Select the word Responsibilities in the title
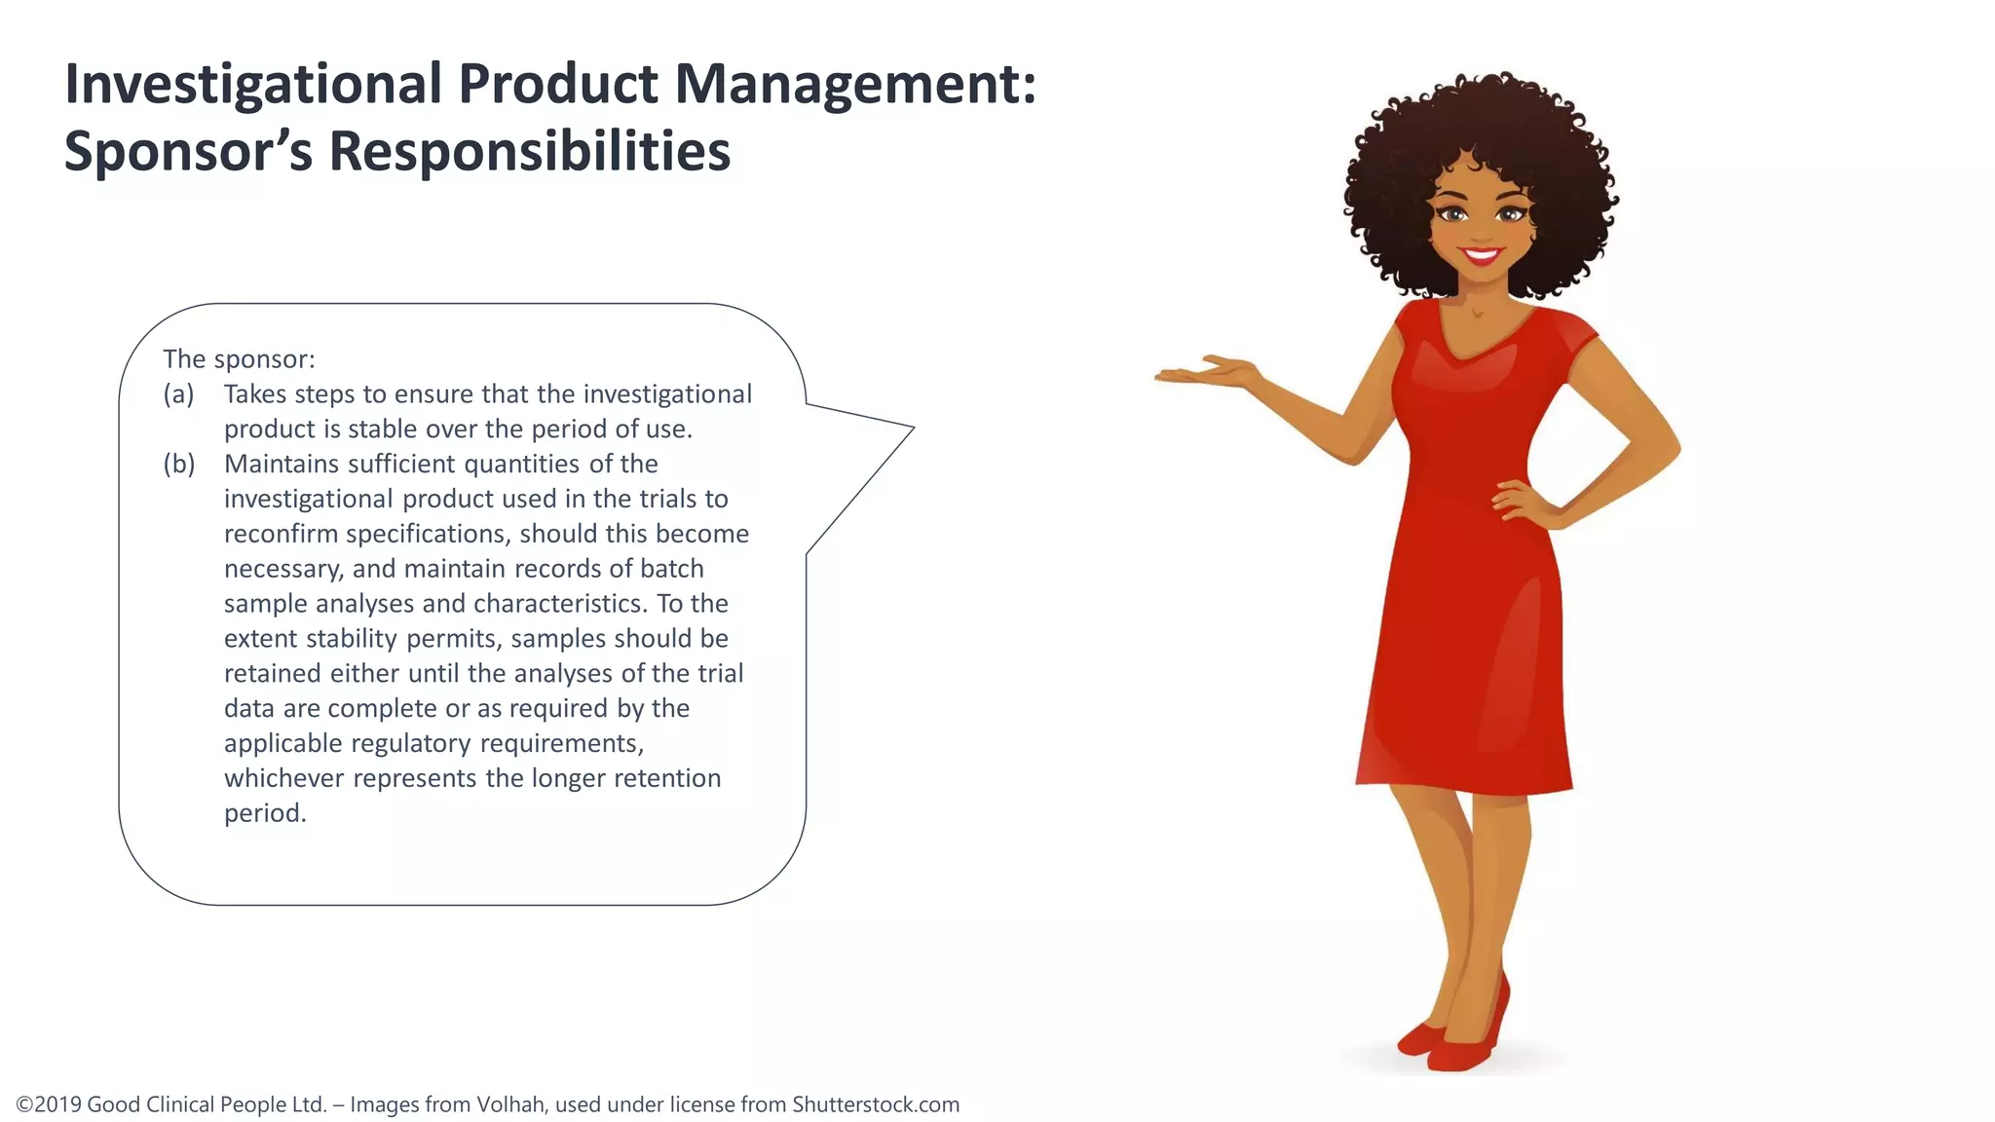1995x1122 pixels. (x=529, y=152)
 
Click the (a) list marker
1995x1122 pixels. (x=178, y=394)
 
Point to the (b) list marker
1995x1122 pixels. (x=179, y=465)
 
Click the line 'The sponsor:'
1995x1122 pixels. (x=239, y=359)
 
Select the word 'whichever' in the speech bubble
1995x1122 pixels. (x=284, y=778)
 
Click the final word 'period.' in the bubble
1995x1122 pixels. (x=265, y=813)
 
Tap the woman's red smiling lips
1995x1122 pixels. (x=1482, y=256)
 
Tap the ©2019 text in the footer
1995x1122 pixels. (x=49, y=1104)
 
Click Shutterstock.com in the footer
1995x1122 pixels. (x=875, y=1104)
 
